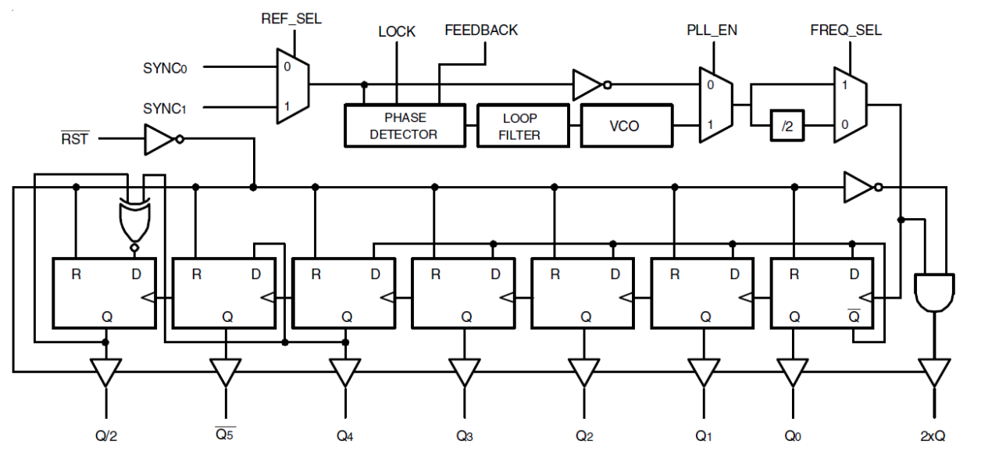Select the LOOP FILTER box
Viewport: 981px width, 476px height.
click(x=519, y=126)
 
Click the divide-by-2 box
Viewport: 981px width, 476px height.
click(x=787, y=125)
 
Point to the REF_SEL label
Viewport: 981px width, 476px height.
click(x=291, y=19)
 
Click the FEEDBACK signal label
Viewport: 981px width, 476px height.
click(x=481, y=30)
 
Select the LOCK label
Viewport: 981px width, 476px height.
click(x=397, y=32)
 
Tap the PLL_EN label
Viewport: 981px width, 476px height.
click(x=712, y=30)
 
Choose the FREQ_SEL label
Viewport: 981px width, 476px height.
click(x=846, y=30)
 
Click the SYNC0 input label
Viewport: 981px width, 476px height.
click(x=165, y=68)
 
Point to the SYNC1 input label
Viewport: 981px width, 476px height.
click(x=165, y=108)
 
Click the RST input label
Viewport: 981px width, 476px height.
click(x=75, y=139)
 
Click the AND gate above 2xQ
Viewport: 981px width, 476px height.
click(x=933, y=292)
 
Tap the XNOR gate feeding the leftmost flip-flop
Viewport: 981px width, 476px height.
click(x=134, y=222)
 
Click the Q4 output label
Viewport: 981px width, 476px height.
click(x=344, y=435)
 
